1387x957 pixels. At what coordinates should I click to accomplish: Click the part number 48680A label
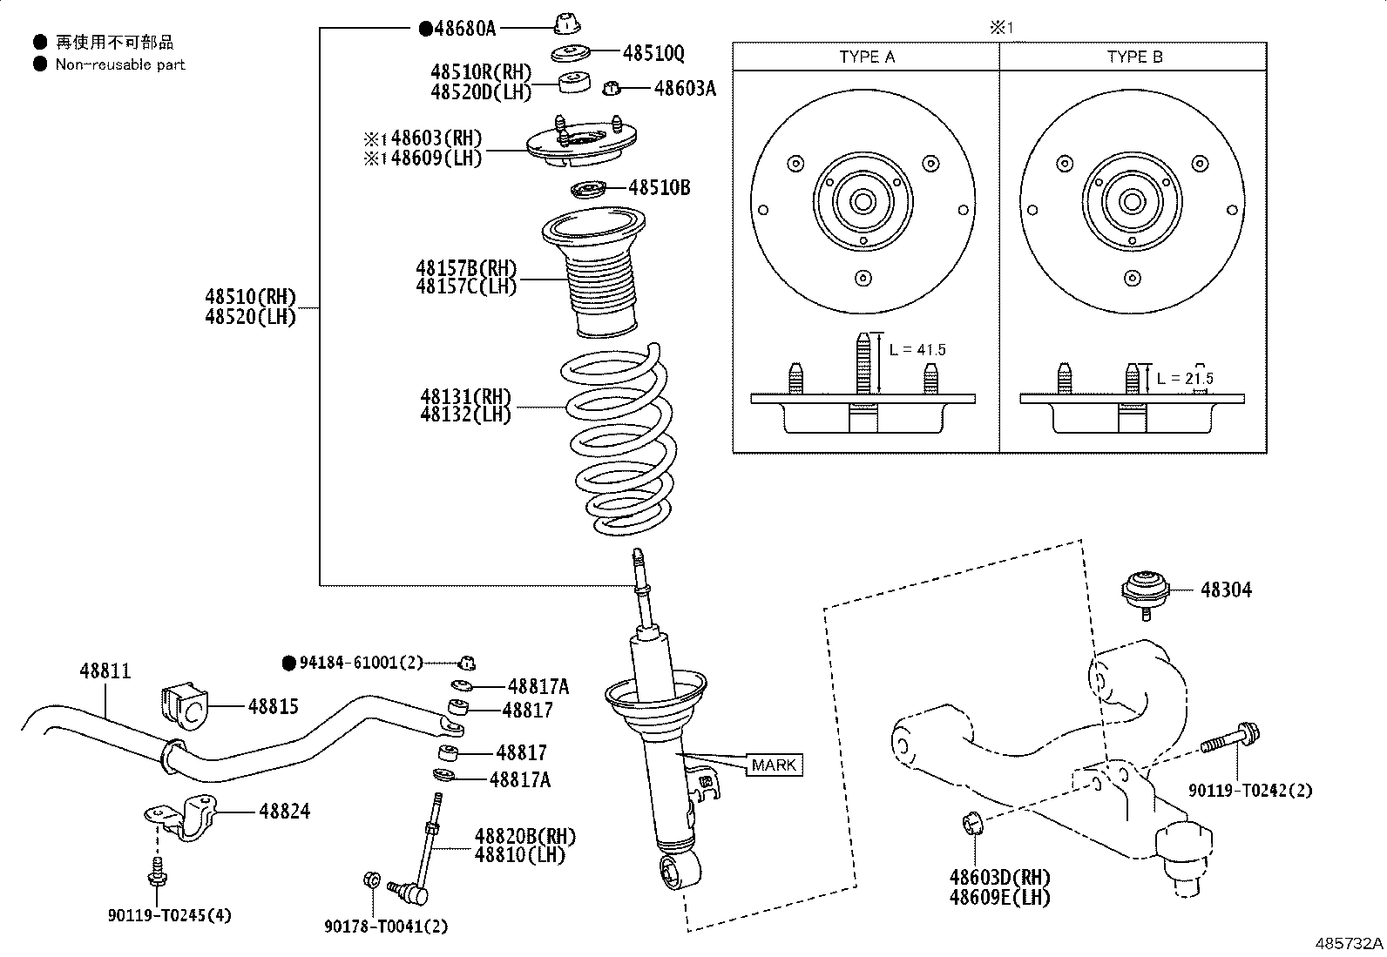coord(464,29)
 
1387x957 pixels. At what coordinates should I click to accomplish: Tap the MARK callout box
coord(774,765)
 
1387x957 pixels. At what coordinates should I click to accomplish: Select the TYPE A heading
coord(866,57)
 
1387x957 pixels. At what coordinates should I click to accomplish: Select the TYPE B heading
coord(1134,57)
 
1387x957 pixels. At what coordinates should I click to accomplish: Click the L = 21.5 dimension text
coord(1185,379)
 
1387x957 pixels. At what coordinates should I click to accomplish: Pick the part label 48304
coord(1226,590)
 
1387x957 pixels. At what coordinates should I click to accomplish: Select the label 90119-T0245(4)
coord(170,915)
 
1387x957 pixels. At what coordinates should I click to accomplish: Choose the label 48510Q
coord(653,53)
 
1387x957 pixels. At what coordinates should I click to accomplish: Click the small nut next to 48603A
coord(612,87)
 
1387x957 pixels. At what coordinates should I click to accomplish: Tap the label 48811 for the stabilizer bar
coord(105,671)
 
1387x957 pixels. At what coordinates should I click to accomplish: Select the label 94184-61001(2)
coord(360,663)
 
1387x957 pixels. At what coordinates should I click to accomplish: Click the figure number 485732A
coord(1349,943)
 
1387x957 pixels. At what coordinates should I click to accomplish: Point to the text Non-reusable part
coord(120,64)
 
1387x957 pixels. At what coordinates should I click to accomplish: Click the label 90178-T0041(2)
coord(386,927)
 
